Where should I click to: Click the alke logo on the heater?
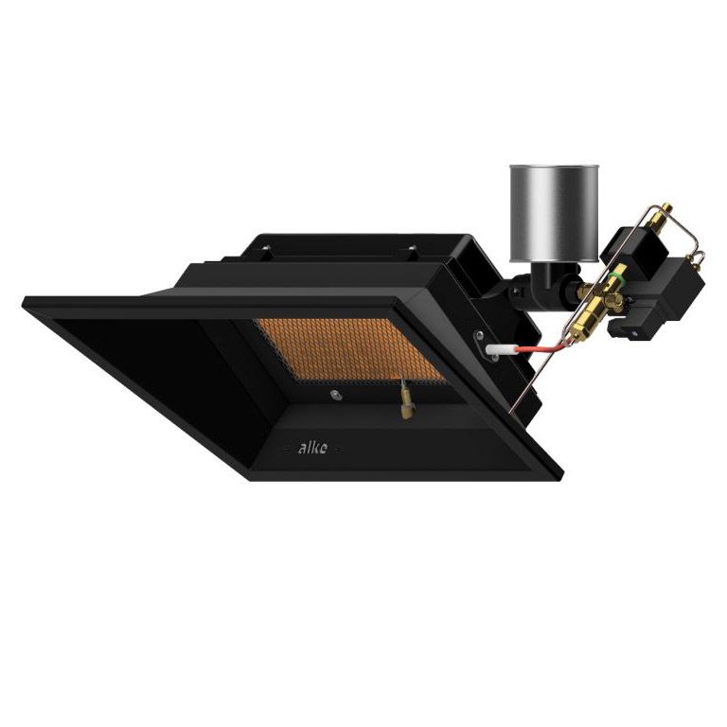coord(312,448)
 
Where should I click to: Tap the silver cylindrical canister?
coord(554,213)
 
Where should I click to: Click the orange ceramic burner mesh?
coord(349,350)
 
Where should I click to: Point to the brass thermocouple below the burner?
coord(406,399)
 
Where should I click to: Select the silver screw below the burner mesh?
coord(335,395)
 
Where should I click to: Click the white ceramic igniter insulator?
coord(499,349)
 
